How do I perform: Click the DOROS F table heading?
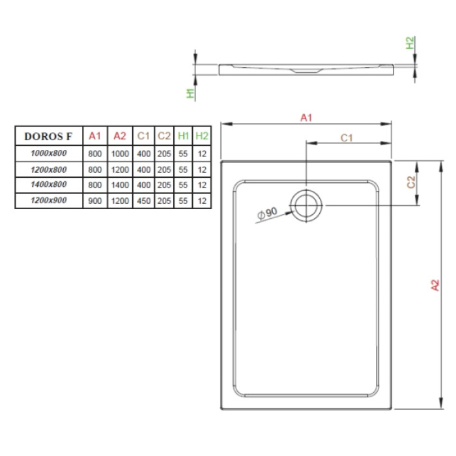click(48, 136)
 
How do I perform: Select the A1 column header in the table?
click(95, 135)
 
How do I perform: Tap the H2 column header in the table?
click(202, 135)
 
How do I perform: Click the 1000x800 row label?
click(49, 153)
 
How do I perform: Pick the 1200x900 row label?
click(49, 200)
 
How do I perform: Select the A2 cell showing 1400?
click(120, 185)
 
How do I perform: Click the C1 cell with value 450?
click(144, 201)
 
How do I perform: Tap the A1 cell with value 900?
click(95, 201)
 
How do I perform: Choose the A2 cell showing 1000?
click(120, 154)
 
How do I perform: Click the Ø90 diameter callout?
click(267, 214)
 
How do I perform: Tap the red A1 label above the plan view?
click(306, 118)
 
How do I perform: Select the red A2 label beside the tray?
click(435, 285)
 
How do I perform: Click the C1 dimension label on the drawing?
click(347, 138)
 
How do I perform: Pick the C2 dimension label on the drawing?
click(411, 182)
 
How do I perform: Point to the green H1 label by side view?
click(190, 93)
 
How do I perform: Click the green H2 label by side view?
click(410, 43)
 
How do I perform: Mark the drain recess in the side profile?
click(306, 70)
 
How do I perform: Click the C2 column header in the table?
click(164, 135)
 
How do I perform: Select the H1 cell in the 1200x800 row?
click(183, 169)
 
